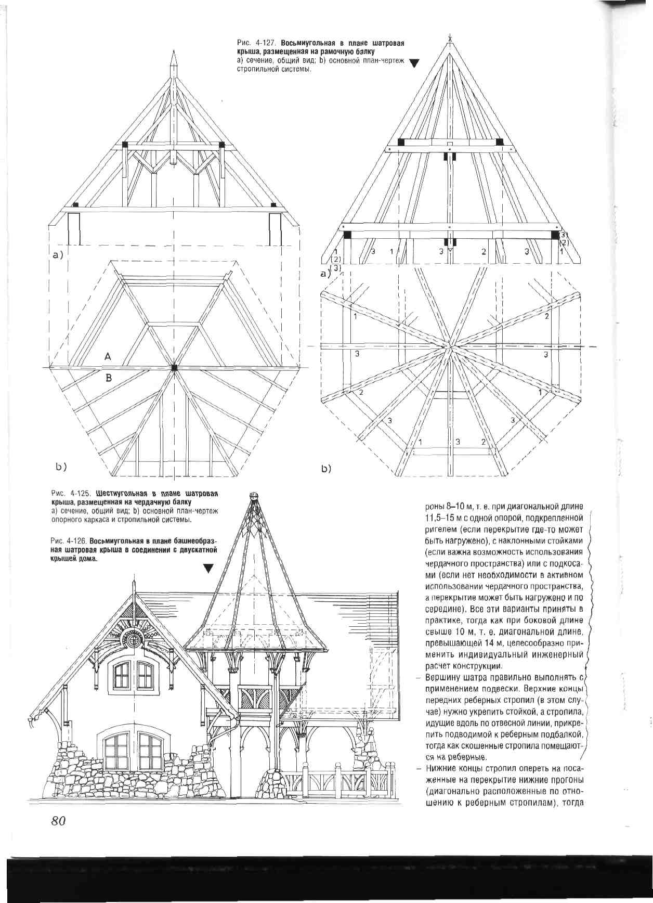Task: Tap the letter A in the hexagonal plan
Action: pos(108,356)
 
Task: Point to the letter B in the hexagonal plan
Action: pos(109,378)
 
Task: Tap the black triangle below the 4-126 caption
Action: pos(208,569)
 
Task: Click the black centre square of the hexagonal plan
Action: pos(174,368)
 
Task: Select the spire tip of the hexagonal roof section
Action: pos(174,57)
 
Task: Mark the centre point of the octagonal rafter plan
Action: pos(450,345)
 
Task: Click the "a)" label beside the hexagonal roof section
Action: pos(57,255)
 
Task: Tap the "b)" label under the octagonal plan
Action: pos(326,469)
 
